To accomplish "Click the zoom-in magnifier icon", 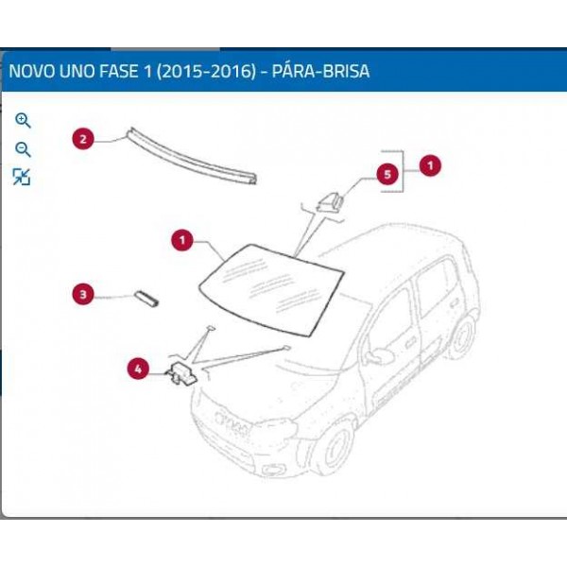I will (23, 120).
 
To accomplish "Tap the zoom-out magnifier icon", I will (23, 149).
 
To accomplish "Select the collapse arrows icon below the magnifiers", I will (22, 177).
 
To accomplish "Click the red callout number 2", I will (83, 140).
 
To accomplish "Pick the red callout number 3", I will (83, 295).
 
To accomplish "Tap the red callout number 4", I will (139, 370).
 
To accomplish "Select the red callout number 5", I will (386, 175).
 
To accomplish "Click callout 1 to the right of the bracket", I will (431, 165).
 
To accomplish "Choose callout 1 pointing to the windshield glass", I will (180, 241).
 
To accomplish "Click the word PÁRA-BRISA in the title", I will (320, 71).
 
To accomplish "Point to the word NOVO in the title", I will (31, 71).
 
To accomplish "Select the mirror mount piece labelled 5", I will (332, 199).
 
